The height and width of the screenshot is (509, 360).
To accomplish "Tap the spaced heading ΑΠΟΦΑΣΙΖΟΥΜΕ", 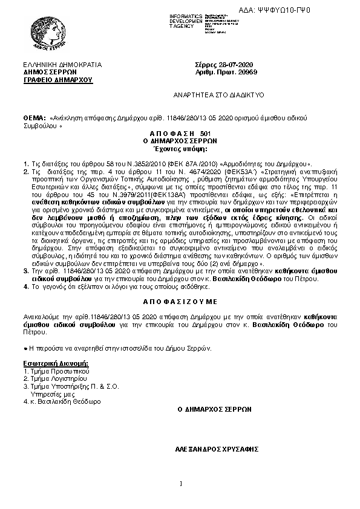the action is [180, 300].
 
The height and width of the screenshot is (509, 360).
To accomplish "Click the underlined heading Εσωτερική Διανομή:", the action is [55, 362].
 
